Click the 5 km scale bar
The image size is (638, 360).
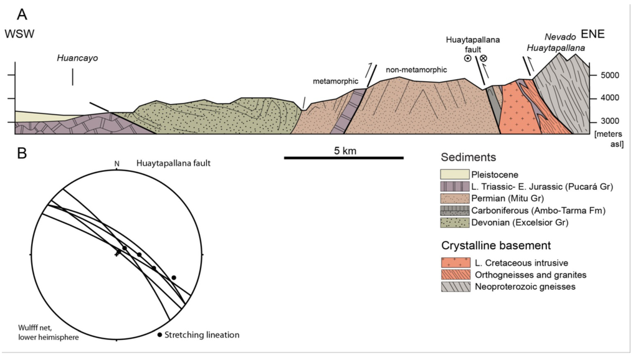(x=343, y=158)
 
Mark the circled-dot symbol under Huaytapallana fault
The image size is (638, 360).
(x=467, y=59)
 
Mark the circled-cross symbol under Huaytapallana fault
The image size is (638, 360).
(x=483, y=59)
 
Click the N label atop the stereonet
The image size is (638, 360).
(x=117, y=164)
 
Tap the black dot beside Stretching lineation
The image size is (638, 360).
(x=160, y=335)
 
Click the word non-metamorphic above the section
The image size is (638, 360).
(x=416, y=70)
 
